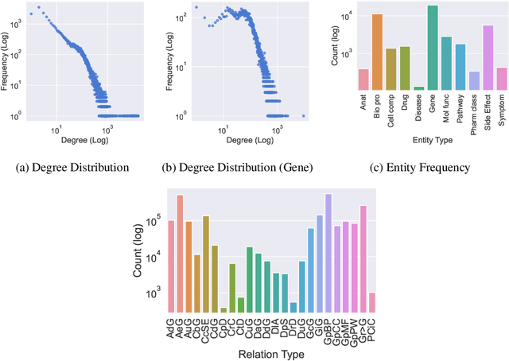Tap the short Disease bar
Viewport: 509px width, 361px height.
pos(418,88)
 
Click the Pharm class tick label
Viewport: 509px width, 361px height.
pos(474,106)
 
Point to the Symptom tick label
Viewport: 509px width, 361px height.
pos(502,104)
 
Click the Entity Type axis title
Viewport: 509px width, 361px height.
pos(432,141)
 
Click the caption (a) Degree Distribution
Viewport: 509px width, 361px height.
pos(77,168)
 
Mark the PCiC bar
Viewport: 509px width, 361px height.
pos(372,302)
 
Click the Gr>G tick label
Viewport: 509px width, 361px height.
pos(363,327)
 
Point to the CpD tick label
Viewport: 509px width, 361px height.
pos(223,326)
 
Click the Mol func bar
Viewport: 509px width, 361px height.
pos(446,63)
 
